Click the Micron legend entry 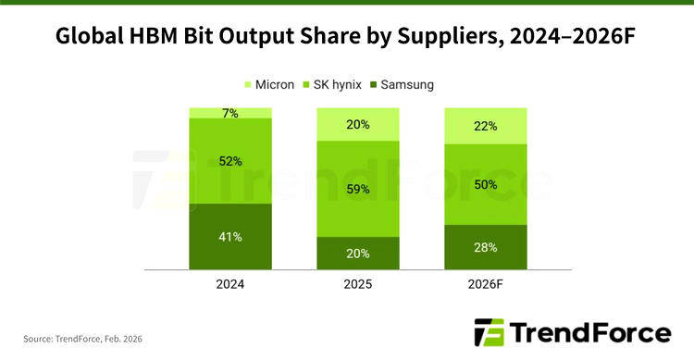[x=269, y=84]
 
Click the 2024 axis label [x=230, y=285]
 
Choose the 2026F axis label [x=485, y=285]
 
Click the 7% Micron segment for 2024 [x=230, y=113]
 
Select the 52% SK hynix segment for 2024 [x=230, y=161]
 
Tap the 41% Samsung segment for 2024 [x=230, y=237]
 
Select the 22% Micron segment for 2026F [x=485, y=126]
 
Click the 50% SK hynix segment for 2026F [x=485, y=184]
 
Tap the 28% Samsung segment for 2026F [x=485, y=247]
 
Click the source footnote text [x=83, y=339]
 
